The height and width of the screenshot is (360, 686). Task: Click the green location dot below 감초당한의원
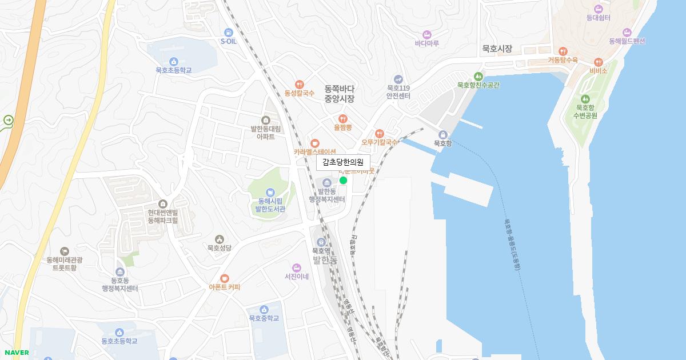344,181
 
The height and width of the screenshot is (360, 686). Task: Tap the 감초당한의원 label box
343,162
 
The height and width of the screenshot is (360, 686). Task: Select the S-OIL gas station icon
229,32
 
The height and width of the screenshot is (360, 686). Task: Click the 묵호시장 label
497,49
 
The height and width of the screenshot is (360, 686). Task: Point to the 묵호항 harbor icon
442,134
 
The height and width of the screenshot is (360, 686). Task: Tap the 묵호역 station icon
320,242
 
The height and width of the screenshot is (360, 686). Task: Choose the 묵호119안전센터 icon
398,79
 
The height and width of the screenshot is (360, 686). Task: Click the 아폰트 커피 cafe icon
225,278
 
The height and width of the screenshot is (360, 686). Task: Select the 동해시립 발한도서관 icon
270,193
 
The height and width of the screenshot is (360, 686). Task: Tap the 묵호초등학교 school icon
174,62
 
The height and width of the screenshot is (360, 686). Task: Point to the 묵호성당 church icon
219,239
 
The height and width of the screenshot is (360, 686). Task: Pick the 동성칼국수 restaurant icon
300,84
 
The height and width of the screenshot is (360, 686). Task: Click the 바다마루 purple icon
426,34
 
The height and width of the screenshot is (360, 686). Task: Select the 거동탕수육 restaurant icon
563,51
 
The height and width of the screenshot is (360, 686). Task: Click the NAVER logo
17,353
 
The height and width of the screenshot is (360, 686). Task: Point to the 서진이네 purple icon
296,267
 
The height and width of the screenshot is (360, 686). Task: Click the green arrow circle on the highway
9,120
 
